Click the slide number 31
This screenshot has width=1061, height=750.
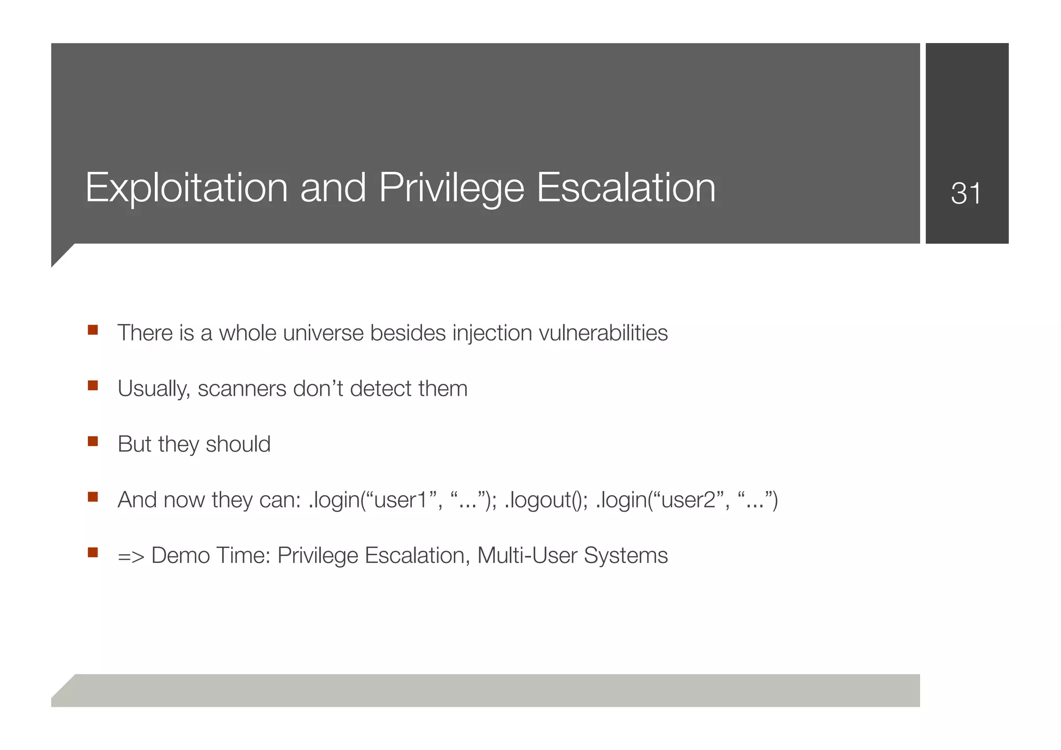966,194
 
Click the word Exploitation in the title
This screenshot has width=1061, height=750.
186,188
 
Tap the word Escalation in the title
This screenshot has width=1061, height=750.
626,188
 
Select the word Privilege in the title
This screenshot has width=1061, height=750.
451,188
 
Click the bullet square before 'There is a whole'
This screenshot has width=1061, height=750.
93,330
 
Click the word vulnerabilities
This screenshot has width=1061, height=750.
603,333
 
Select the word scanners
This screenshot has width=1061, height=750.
242,388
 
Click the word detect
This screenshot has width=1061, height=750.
381,388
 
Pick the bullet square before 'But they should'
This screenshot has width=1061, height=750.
93,441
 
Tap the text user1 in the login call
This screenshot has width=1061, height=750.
400,500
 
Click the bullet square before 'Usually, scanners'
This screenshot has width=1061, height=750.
93,385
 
